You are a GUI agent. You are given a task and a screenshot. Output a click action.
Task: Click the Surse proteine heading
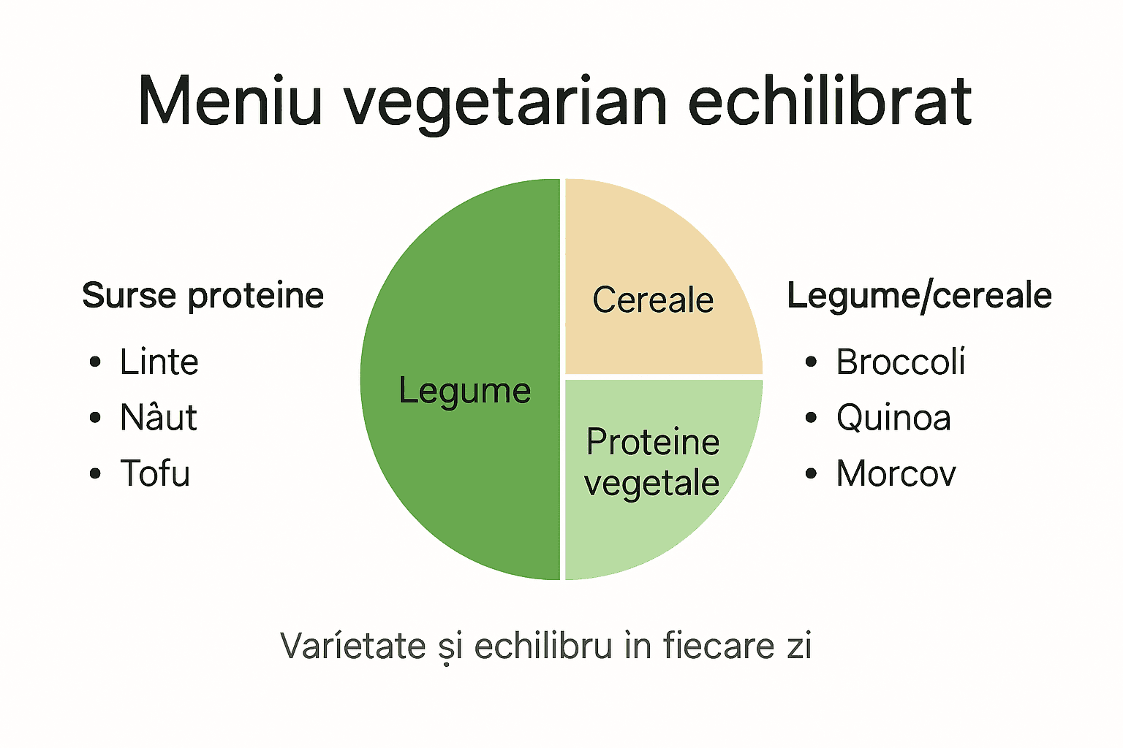(x=203, y=296)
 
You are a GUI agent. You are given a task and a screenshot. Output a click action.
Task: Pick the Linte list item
(x=159, y=362)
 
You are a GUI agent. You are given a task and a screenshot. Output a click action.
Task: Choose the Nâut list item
(x=158, y=417)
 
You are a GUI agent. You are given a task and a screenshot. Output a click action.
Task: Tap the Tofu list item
(x=155, y=473)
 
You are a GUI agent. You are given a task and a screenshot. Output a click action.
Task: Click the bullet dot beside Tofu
(x=95, y=474)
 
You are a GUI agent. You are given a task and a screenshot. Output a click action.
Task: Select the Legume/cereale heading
(x=919, y=296)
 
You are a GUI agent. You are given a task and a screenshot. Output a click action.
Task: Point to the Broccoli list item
(x=900, y=362)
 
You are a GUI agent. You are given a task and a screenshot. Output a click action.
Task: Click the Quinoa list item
(x=893, y=418)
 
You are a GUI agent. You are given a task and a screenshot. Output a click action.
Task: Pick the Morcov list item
(x=896, y=473)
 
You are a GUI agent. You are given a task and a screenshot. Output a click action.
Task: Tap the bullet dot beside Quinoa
(x=811, y=418)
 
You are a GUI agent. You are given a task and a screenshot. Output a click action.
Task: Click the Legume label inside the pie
(x=464, y=391)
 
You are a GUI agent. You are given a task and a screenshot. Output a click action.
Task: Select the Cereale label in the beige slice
(x=653, y=299)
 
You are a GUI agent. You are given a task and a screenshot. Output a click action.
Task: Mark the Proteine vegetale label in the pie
(x=652, y=462)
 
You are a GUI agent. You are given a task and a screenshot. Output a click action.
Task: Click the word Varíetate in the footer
(x=353, y=646)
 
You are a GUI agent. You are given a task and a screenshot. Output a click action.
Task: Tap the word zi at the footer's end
(x=799, y=646)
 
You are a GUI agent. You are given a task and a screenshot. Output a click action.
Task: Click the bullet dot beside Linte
(x=95, y=362)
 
